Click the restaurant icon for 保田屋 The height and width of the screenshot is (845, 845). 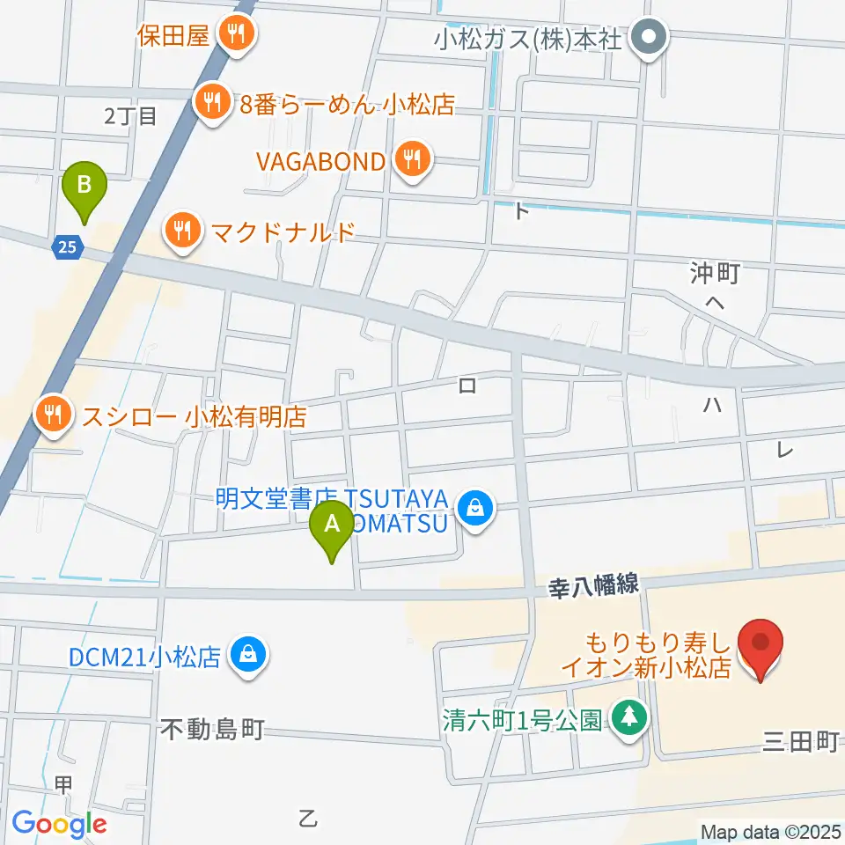tap(235, 36)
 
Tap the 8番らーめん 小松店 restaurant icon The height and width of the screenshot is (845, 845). tap(211, 104)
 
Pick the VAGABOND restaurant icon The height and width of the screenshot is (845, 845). tap(411, 161)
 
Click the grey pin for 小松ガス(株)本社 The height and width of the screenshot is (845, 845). tap(651, 38)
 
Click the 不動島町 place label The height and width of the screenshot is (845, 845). tap(213, 729)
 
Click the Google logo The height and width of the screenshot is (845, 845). tap(59, 823)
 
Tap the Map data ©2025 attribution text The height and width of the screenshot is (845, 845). tap(770, 831)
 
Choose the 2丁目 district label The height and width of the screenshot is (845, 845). tap(129, 115)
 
